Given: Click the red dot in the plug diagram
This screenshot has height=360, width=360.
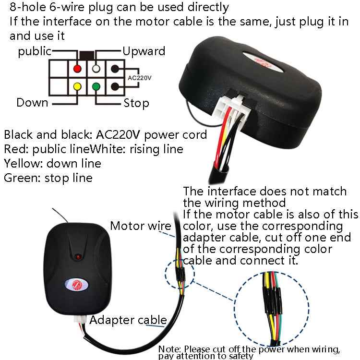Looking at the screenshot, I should point(76,68).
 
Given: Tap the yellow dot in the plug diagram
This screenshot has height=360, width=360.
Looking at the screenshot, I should point(76,86).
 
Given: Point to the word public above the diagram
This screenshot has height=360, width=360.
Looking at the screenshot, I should point(35,51).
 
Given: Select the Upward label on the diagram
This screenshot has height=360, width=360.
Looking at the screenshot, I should point(144,51).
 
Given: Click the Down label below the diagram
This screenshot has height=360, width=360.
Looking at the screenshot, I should point(32,102).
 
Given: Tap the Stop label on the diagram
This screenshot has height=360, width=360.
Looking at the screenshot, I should point(136,103).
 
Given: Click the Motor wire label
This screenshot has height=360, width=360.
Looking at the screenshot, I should point(140,226).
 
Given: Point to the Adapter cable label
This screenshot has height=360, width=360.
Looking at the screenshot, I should point(128,320).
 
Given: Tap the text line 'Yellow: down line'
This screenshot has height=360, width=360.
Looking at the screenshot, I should point(52,163).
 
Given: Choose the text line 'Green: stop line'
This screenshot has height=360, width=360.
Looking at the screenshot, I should point(48,178).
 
